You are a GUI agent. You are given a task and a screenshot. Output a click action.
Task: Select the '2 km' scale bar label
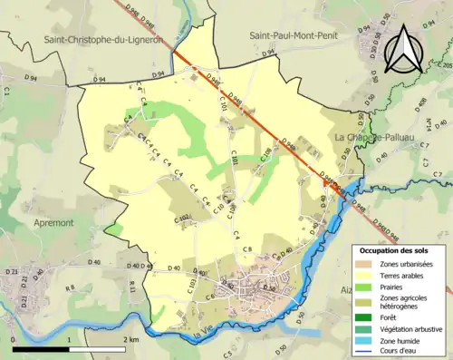click(x=130, y=339)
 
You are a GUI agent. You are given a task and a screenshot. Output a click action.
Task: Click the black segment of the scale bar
click(x=42, y=348)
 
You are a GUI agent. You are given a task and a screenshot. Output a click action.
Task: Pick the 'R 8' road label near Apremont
click(x=71, y=287)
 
